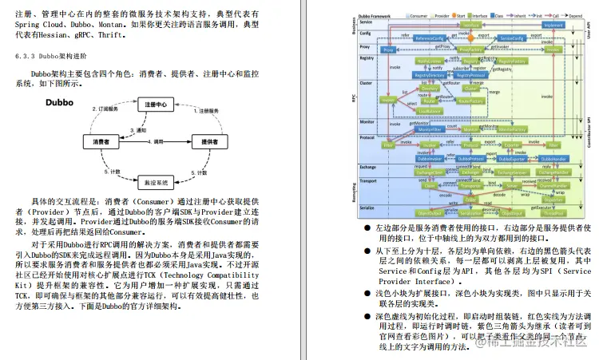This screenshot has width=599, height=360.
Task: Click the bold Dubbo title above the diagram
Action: point(60,103)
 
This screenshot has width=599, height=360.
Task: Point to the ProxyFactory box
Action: point(470,49)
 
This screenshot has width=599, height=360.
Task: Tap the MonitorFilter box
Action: point(431,129)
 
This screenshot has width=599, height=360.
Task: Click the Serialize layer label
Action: point(361,211)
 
